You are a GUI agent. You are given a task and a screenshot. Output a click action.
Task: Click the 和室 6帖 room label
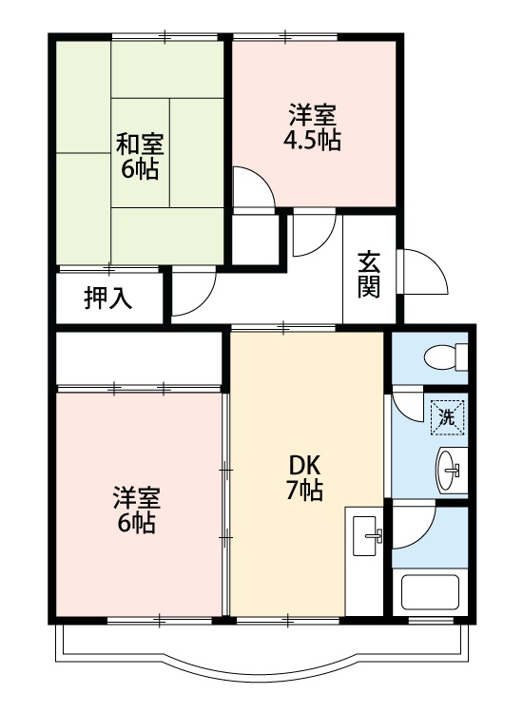pos(140,158)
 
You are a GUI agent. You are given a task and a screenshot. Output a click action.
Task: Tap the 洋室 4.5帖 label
pos(312,128)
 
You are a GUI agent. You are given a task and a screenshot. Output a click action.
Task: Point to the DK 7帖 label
pos(305,477)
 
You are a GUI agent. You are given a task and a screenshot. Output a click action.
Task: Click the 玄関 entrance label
pos(370,274)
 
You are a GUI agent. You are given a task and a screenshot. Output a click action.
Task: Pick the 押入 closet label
pos(108,299)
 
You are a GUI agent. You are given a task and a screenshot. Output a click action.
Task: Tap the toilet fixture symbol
pos(443,358)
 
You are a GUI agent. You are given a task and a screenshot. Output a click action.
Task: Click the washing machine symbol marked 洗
pos(447,414)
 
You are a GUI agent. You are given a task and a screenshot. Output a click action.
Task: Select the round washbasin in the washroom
pos(451,468)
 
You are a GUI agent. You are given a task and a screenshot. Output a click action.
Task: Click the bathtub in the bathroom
pos(431,592)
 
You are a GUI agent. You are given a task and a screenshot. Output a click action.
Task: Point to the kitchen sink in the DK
pos(366,535)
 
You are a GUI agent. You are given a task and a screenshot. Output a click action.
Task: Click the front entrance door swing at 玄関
pos(424,272)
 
